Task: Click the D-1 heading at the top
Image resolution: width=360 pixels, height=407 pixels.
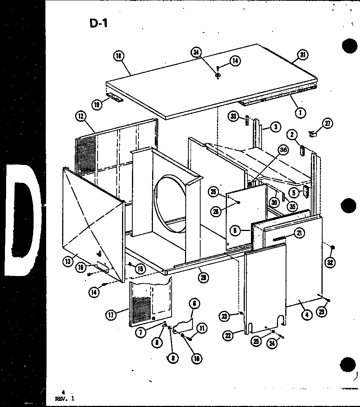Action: coord(99,23)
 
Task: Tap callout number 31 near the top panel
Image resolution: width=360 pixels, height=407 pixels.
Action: coord(303,55)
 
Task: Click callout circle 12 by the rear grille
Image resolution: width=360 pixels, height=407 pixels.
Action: coord(81,116)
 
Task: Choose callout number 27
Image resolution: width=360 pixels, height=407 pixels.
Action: coord(327,123)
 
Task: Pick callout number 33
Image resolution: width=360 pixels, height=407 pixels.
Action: coord(234,116)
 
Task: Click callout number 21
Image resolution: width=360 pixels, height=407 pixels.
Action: coord(300,233)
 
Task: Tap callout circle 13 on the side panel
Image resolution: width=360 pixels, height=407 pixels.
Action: coord(67,262)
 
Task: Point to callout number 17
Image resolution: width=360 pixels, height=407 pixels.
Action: coord(111,315)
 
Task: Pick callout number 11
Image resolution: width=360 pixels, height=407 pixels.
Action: coord(201,328)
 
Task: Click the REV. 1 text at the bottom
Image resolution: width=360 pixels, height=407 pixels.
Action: coord(64,399)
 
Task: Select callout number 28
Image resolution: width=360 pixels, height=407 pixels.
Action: coord(217,212)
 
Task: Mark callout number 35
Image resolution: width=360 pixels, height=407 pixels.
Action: coord(292,207)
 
